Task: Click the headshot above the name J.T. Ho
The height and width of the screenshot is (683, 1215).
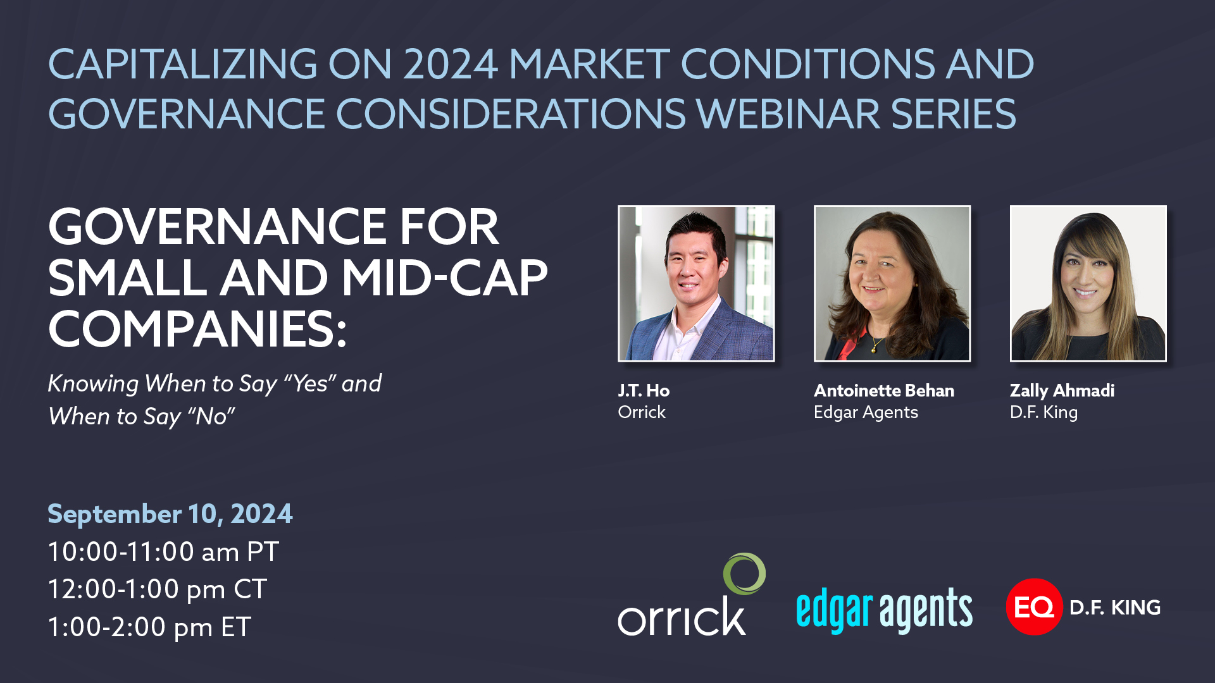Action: tap(696, 283)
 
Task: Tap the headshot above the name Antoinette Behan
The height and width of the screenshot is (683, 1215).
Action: tap(892, 283)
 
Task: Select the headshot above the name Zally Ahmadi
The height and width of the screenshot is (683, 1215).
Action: tap(1088, 283)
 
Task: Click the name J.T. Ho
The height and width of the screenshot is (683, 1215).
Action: tap(644, 391)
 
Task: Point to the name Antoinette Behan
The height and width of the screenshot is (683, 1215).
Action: tap(884, 391)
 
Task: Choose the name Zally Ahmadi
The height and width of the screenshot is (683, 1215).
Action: tap(1062, 391)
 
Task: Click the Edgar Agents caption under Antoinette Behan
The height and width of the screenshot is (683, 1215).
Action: tap(866, 413)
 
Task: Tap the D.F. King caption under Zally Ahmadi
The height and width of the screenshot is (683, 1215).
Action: tap(1044, 413)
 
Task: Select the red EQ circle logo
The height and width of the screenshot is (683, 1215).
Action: tap(1034, 606)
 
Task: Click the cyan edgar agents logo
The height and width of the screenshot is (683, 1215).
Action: tap(884, 610)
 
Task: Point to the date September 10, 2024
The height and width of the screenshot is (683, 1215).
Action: tap(170, 514)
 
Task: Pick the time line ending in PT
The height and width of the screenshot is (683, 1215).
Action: tap(163, 551)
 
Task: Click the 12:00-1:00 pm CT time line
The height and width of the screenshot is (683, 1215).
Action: tap(158, 589)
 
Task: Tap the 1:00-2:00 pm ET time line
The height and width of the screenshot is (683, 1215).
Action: tap(149, 627)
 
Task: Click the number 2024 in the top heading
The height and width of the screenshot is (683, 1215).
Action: tap(451, 65)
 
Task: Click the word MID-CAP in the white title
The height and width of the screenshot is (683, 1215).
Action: tap(444, 278)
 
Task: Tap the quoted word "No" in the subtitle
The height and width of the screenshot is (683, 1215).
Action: tap(211, 415)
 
